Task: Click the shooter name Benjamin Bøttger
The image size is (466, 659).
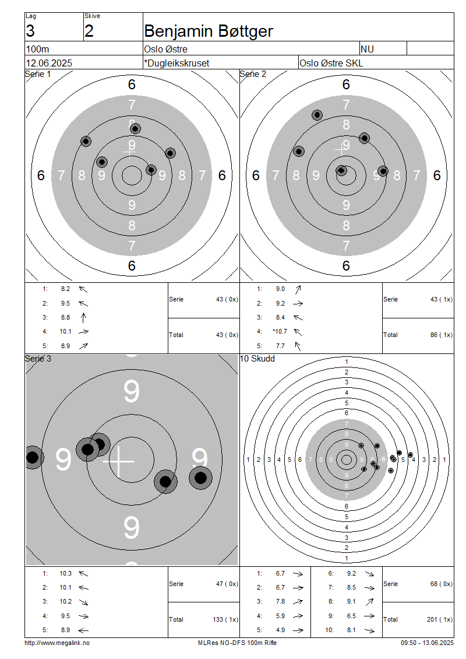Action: pyautogui.click(x=208, y=31)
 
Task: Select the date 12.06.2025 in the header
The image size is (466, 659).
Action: pyautogui.click(x=49, y=63)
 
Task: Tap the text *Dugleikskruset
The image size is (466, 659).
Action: pyautogui.click(x=176, y=63)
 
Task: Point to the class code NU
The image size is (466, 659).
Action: pyautogui.click(x=368, y=49)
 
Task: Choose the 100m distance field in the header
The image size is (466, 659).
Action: pyautogui.click(x=37, y=49)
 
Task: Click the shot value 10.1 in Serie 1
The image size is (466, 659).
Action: pyautogui.click(x=65, y=331)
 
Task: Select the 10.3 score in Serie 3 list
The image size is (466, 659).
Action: pyautogui.click(x=65, y=573)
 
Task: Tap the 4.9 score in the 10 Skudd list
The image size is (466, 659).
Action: pyautogui.click(x=280, y=630)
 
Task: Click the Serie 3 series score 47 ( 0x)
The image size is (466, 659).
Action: pyautogui.click(x=227, y=583)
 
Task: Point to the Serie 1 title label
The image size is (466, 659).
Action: pyautogui.click(x=38, y=74)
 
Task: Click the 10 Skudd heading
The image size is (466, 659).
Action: pyautogui.click(x=257, y=359)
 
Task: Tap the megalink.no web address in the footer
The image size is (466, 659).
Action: pyautogui.click(x=57, y=643)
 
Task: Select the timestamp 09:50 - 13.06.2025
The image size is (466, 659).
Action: pyautogui.click(x=427, y=643)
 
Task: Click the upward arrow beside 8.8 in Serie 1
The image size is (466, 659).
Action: pyautogui.click(x=83, y=317)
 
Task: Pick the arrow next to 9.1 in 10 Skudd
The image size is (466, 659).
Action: pyautogui.click(x=369, y=602)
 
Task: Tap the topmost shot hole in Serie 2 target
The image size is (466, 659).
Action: pyautogui.click(x=317, y=115)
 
